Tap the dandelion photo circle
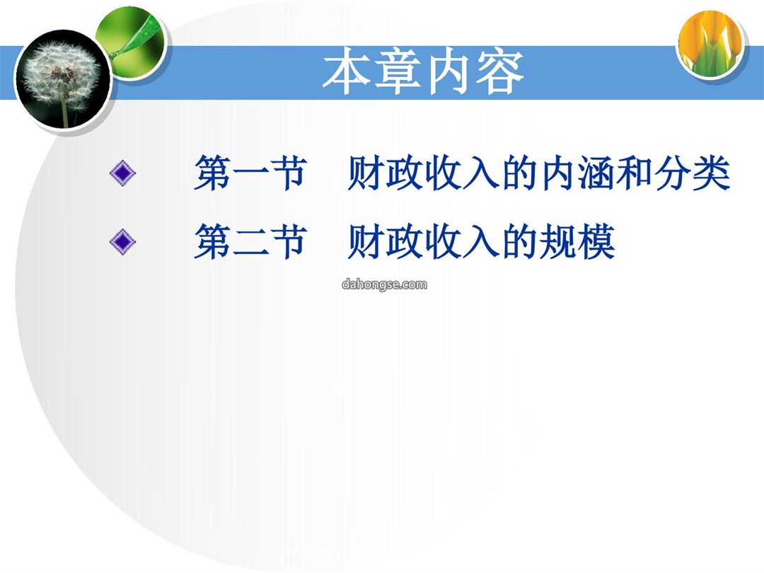[x=62, y=79]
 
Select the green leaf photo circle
[x=132, y=43]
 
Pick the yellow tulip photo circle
[x=711, y=44]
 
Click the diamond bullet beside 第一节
[x=122, y=173]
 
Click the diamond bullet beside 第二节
[x=122, y=242]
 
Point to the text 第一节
[x=250, y=173]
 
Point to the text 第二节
[x=250, y=242]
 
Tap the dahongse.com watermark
[x=384, y=284]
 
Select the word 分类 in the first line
[x=693, y=173]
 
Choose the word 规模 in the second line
[x=577, y=242]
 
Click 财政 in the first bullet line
[x=385, y=173]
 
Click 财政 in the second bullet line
[x=385, y=242]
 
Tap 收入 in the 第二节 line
[x=462, y=242]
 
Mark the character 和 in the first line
[x=635, y=173]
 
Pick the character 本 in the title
[x=346, y=72]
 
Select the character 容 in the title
[x=499, y=72]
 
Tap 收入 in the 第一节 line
[x=462, y=173]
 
